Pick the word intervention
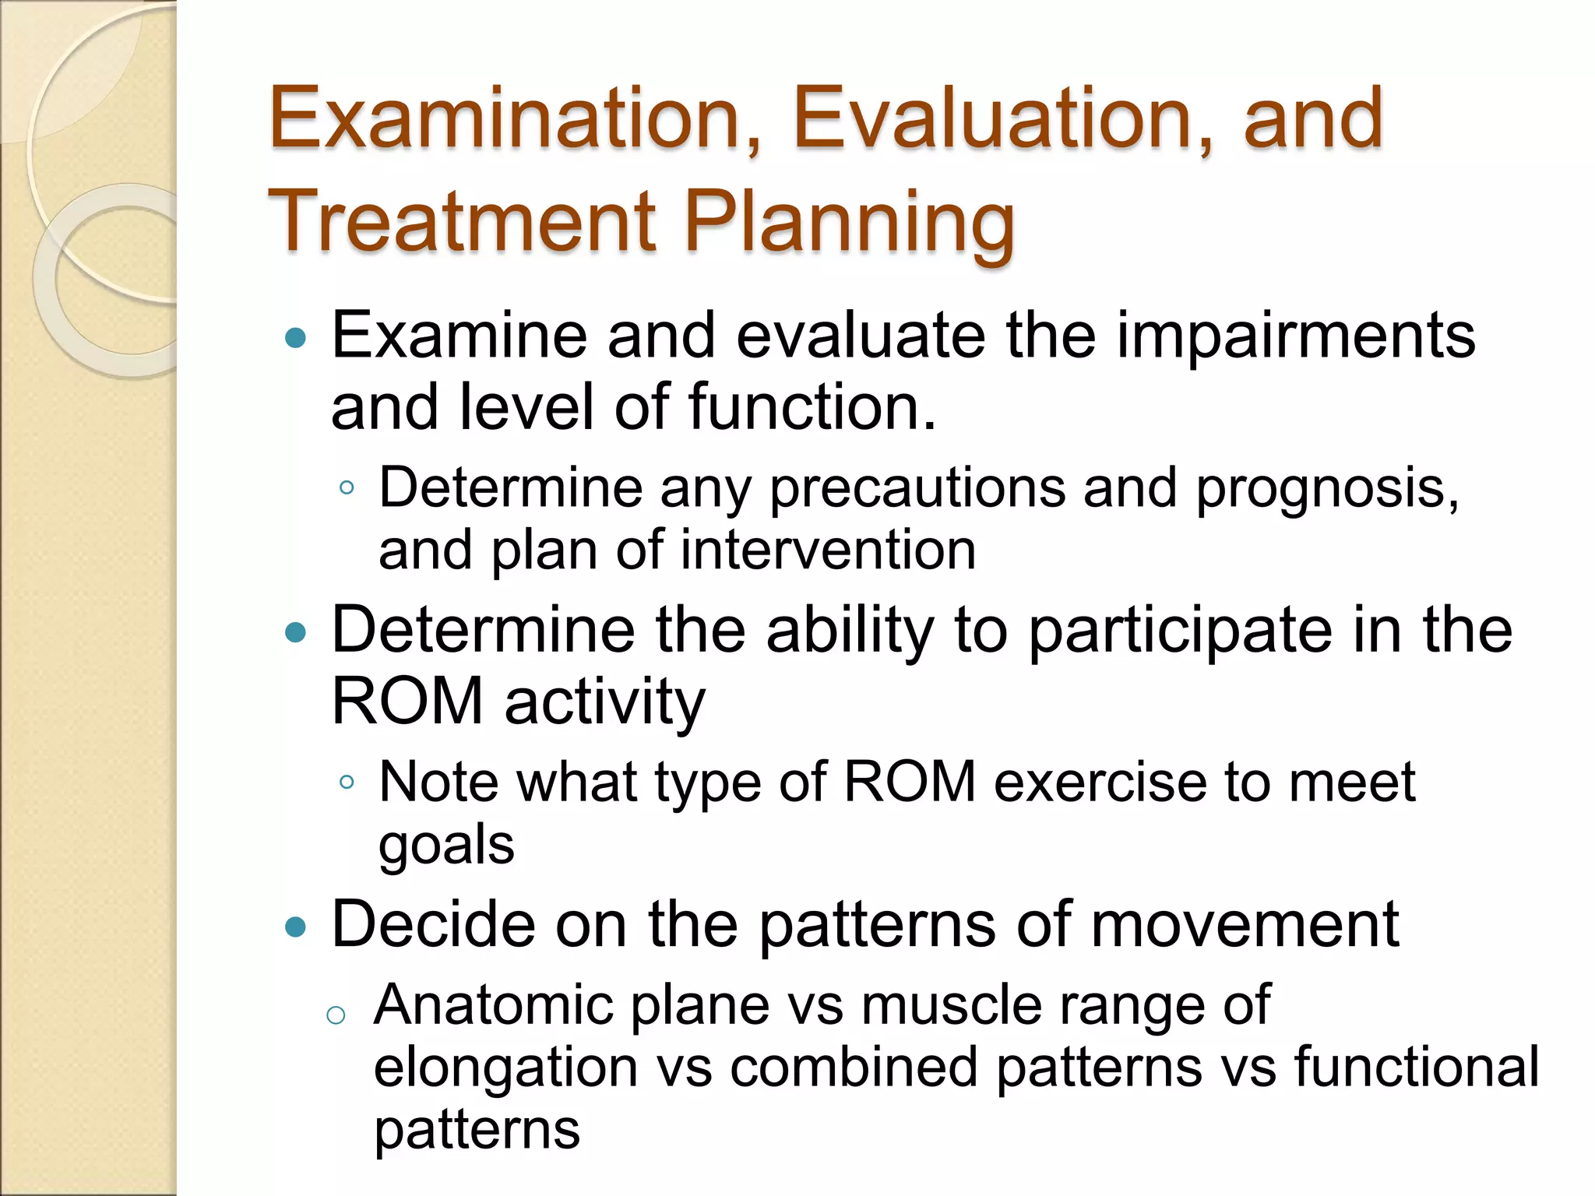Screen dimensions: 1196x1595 point(828,551)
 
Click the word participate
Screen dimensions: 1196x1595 point(1181,630)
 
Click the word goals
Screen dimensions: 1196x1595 point(446,845)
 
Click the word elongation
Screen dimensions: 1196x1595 point(506,1068)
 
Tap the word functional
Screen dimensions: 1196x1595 point(1416,1068)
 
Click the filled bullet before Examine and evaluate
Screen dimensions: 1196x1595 point(296,338)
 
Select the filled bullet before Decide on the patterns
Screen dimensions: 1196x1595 point(296,927)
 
